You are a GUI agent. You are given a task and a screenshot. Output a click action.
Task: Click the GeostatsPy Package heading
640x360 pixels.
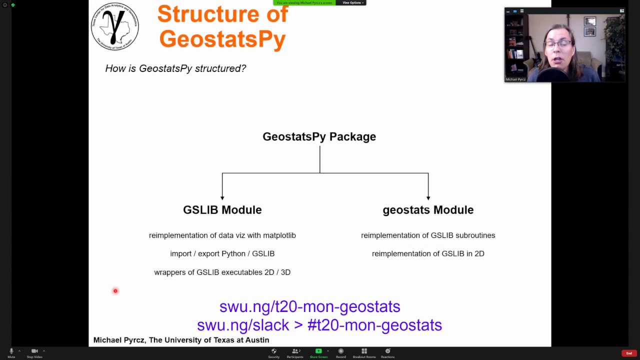(x=319, y=136)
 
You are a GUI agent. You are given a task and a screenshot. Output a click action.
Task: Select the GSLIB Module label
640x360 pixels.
(x=222, y=210)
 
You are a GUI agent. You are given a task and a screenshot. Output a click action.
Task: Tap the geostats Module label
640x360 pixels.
(x=428, y=210)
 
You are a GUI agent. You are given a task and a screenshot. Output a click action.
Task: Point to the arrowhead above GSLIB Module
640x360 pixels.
(x=222, y=197)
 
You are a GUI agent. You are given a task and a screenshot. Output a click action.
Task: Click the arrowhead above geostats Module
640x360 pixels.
(x=428, y=197)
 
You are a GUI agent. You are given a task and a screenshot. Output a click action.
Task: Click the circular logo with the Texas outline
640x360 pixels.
(x=115, y=26)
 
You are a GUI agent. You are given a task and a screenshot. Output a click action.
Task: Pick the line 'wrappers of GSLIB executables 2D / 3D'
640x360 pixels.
(x=222, y=272)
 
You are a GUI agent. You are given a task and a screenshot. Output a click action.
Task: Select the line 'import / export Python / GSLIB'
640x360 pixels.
(x=222, y=254)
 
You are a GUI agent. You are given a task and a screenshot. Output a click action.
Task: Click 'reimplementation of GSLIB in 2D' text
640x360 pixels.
(x=428, y=254)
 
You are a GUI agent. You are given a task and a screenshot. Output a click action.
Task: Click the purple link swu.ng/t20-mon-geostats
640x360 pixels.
(x=309, y=306)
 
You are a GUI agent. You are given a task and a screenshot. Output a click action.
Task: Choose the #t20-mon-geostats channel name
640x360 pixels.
(x=374, y=325)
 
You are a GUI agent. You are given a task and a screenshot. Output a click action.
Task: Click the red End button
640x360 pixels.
(x=629, y=353)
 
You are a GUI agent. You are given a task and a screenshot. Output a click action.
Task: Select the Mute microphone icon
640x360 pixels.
(x=11, y=351)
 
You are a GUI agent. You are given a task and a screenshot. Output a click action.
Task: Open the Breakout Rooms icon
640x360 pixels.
(x=364, y=351)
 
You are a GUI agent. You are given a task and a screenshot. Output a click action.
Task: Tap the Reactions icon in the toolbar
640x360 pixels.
(x=387, y=351)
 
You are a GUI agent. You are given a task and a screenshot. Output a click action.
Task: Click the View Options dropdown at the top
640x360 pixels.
(x=351, y=3)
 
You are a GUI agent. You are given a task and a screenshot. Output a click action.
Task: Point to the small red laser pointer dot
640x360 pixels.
(x=115, y=291)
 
